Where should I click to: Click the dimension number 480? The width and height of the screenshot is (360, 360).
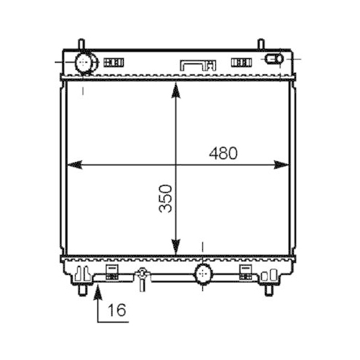[223, 153]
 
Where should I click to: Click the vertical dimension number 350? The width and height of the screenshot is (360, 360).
[167, 198]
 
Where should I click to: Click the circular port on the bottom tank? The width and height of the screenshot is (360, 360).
[204, 273]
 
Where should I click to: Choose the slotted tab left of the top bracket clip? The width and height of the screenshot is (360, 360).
[114, 63]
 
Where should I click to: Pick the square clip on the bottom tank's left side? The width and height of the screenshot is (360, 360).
[112, 271]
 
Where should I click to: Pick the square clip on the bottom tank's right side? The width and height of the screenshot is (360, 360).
[245, 271]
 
